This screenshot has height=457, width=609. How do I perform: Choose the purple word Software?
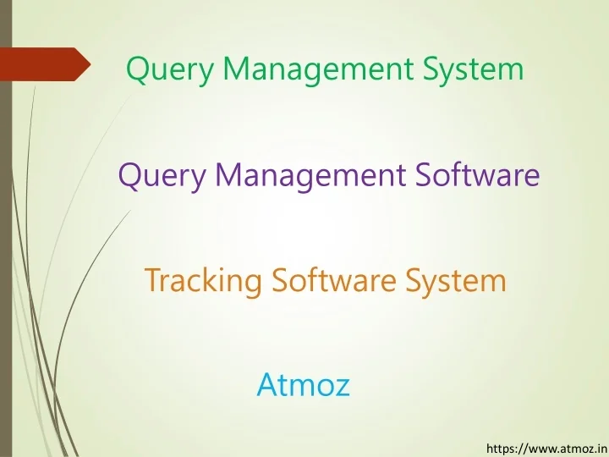pyautogui.click(x=477, y=175)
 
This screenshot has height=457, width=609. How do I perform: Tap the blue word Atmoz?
pyautogui.click(x=303, y=386)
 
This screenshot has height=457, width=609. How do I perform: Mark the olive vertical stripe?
pyautogui.click(x=6, y=254)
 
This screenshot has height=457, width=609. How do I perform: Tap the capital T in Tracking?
pyautogui.click(x=153, y=279)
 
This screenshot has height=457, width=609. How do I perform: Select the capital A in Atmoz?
pyautogui.click(x=266, y=385)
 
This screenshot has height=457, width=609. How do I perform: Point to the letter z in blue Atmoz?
pyautogui.click(x=343, y=388)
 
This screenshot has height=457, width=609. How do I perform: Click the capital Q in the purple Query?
pyautogui.click(x=129, y=175)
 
